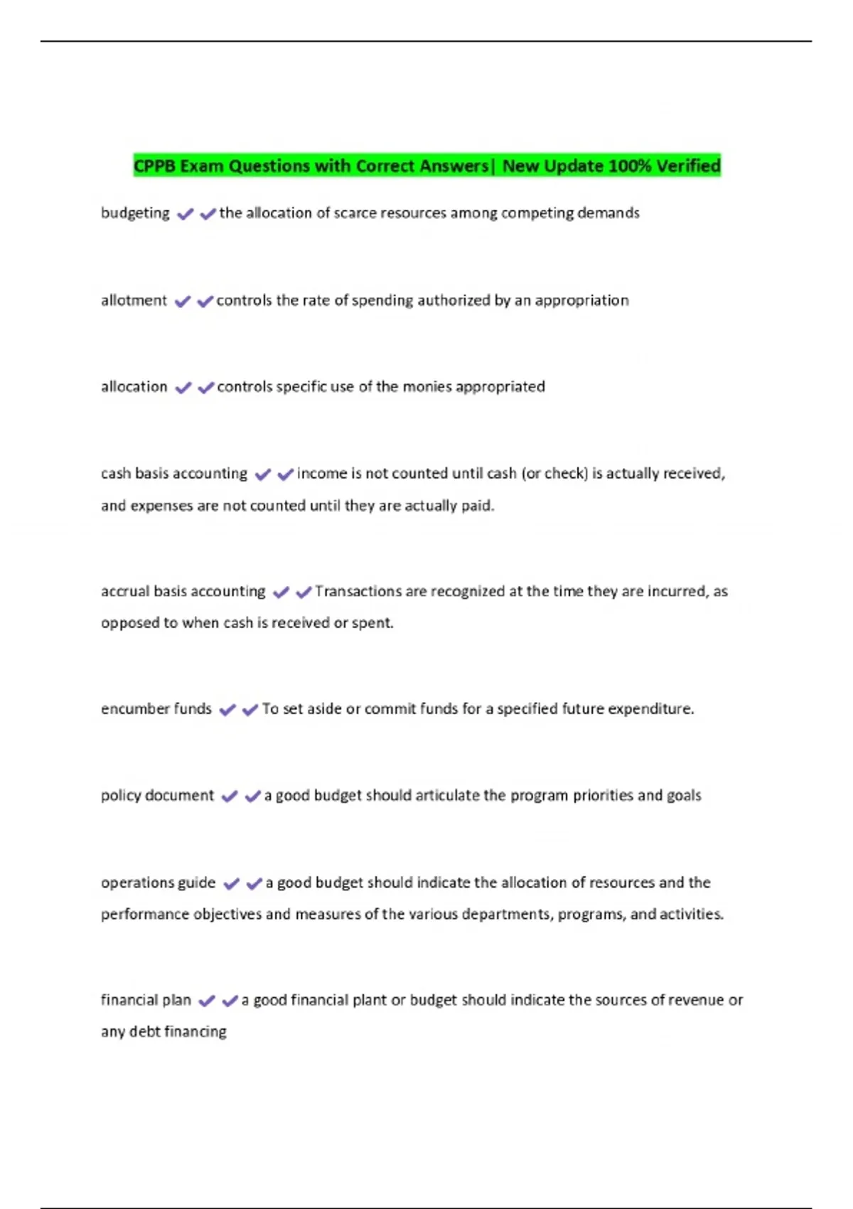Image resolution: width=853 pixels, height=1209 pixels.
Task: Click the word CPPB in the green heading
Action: pyautogui.click(x=155, y=166)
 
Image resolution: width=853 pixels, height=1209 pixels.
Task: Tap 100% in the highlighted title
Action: pyautogui.click(x=630, y=166)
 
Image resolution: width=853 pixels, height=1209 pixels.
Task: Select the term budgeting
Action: pyautogui.click(x=135, y=213)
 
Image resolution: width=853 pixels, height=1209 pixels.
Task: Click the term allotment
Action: pyautogui.click(x=134, y=300)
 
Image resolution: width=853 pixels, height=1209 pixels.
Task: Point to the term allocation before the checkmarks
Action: pyautogui.click(x=134, y=387)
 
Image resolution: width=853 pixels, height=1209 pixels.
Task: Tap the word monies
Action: pyautogui.click(x=426, y=387)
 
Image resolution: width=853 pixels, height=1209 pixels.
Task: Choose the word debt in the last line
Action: pyautogui.click(x=144, y=1032)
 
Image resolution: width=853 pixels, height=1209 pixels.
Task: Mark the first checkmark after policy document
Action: pyautogui.click(x=230, y=797)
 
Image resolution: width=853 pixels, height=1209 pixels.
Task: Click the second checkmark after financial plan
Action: pyautogui.click(x=230, y=1001)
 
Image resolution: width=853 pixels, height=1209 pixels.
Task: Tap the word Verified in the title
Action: pyautogui.click(x=688, y=166)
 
